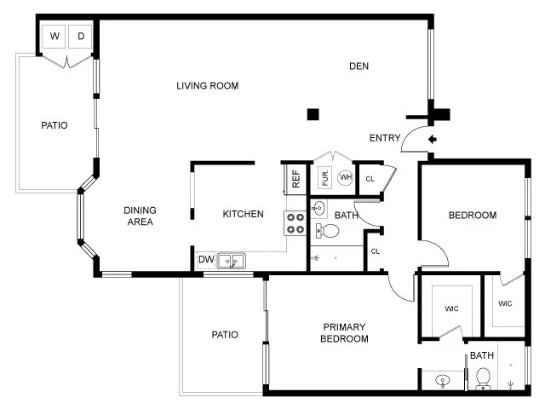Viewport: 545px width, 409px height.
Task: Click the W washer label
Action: click(55, 36)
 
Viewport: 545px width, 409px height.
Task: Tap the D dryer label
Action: click(81, 36)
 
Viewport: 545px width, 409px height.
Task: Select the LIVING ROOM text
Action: click(207, 85)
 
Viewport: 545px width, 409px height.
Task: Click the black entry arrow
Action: click(432, 139)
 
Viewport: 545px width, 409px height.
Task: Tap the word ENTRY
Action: click(385, 138)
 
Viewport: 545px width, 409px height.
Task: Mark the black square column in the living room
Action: click(313, 114)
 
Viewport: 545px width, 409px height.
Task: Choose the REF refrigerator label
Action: click(295, 179)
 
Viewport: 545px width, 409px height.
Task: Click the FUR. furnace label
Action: click(324, 178)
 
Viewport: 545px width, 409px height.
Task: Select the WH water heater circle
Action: click(345, 177)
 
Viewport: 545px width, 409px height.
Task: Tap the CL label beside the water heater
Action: click(370, 179)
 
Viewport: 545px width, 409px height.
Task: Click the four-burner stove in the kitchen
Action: click(295, 223)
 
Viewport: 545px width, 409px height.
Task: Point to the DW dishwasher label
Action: click(205, 260)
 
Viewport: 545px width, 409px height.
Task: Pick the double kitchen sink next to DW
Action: click(231, 261)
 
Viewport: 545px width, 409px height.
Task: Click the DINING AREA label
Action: click(139, 216)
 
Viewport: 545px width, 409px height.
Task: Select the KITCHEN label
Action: click(243, 214)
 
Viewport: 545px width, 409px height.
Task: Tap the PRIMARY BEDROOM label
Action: click(344, 332)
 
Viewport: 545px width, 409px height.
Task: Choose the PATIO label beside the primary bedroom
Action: click(224, 335)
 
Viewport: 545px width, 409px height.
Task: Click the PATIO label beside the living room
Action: click(54, 125)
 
